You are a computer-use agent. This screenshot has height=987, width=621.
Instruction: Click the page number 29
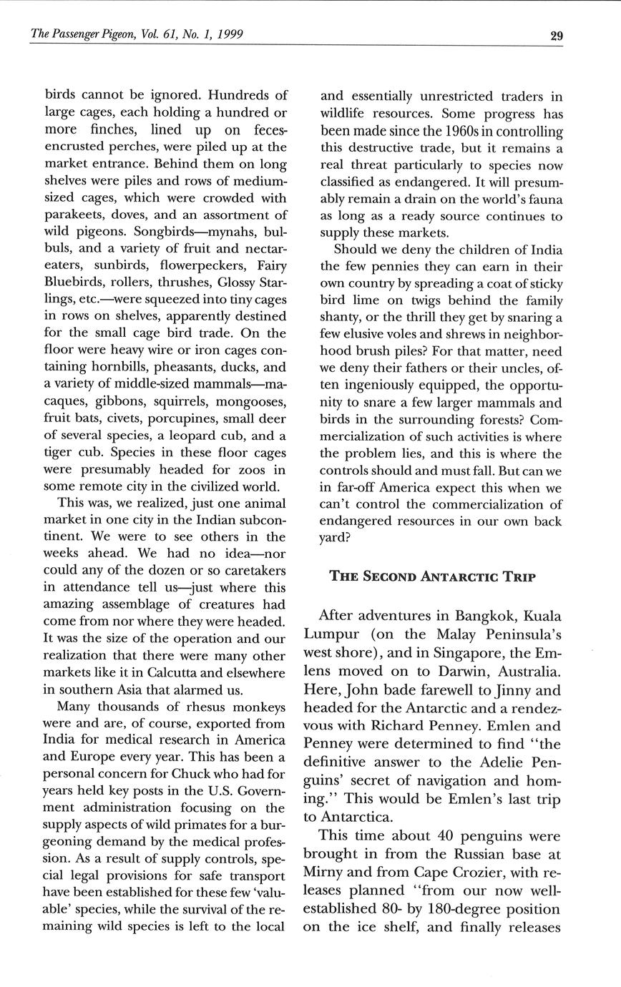(556, 36)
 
